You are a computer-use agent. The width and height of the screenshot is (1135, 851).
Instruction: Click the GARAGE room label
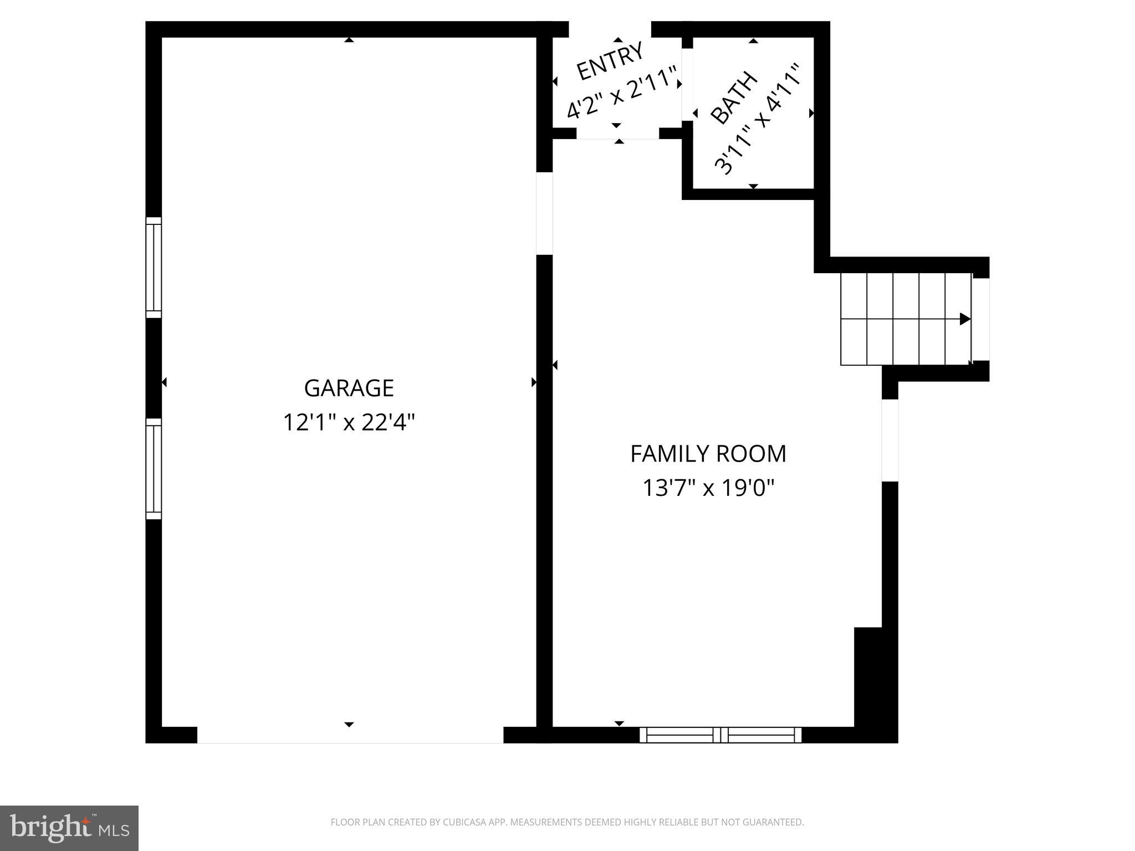[x=349, y=388]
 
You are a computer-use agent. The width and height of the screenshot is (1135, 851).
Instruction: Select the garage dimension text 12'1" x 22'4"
[x=349, y=423]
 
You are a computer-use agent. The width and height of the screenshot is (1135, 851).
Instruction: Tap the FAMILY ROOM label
[x=708, y=454]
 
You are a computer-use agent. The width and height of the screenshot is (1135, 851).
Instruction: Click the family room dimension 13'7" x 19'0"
[x=708, y=489]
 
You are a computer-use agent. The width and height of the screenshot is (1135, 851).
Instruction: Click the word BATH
[x=734, y=98]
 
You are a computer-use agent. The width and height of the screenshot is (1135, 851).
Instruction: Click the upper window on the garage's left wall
[x=154, y=268]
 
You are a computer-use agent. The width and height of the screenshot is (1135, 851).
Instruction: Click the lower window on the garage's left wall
[x=154, y=469]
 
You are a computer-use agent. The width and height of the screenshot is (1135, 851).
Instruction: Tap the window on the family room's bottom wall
[x=720, y=735]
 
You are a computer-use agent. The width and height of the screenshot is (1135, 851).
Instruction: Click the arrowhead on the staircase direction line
[x=965, y=319]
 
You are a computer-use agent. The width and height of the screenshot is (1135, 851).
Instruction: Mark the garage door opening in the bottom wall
[x=350, y=735]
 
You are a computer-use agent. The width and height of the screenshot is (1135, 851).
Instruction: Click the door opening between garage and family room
[x=544, y=213]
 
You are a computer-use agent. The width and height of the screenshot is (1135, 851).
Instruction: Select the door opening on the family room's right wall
[x=889, y=440]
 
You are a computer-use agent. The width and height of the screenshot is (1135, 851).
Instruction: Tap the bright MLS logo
[x=69, y=828]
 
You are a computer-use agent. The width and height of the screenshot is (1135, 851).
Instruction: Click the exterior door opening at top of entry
[x=610, y=29]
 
